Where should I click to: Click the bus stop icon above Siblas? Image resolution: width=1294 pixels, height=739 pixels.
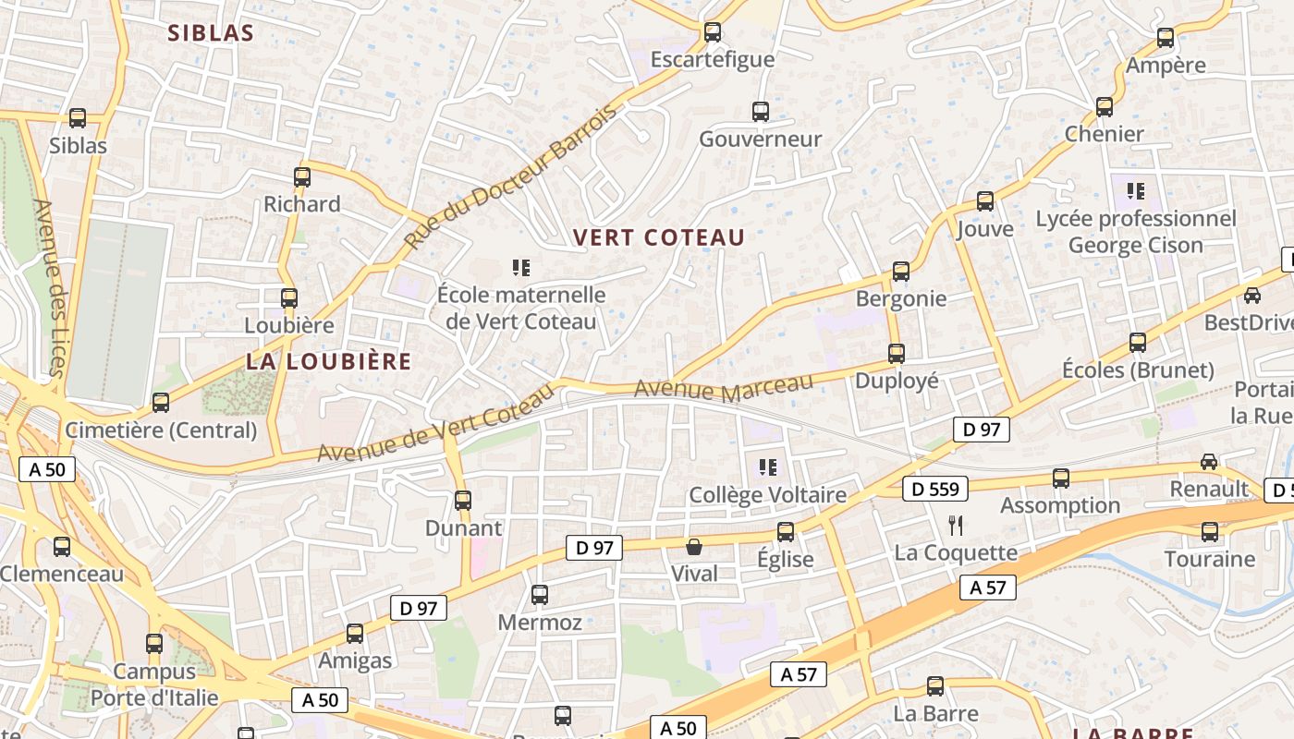click(x=78, y=118)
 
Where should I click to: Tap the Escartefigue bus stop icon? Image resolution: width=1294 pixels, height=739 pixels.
click(x=713, y=32)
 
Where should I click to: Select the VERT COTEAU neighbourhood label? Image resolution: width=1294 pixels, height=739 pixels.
click(x=658, y=237)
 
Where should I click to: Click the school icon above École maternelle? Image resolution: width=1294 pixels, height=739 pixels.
click(x=521, y=268)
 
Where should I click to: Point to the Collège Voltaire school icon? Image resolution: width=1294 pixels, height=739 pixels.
click(x=768, y=467)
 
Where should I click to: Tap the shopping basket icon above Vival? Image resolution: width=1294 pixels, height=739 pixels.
click(x=694, y=547)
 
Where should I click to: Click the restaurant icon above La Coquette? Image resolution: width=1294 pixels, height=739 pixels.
click(x=956, y=526)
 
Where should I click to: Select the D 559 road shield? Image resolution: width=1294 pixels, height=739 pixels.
click(x=935, y=489)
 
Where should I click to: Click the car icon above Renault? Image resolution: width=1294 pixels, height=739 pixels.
click(x=1209, y=461)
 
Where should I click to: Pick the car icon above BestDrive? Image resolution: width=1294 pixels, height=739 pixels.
click(x=1251, y=296)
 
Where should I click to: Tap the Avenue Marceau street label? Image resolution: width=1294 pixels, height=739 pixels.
click(x=725, y=388)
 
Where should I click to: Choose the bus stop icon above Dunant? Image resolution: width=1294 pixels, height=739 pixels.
click(x=463, y=501)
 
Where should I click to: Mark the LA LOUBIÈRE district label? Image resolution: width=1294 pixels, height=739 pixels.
click(x=328, y=361)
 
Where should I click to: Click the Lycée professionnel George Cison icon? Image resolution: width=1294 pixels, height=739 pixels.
click(x=1136, y=191)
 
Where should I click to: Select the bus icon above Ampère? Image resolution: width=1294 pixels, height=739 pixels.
click(x=1166, y=38)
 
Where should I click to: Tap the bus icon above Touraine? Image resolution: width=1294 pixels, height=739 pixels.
click(x=1210, y=532)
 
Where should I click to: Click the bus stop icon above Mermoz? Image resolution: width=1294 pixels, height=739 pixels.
click(x=540, y=595)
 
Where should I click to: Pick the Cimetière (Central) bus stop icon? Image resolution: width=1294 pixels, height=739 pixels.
click(x=161, y=403)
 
